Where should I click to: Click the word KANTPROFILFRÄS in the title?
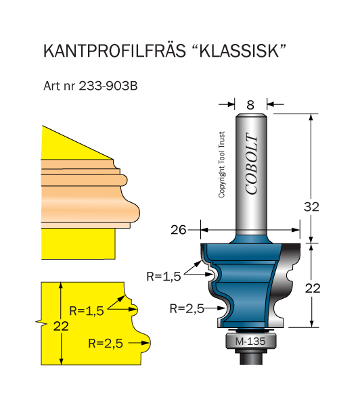[x=114, y=50]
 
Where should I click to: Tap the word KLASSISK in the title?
[x=239, y=51]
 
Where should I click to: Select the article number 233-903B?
[x=108, y=86]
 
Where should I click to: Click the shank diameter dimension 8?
[x=250, y=105]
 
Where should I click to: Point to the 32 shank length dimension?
[x=311, y=207]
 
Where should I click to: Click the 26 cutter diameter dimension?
[x=178, y=230]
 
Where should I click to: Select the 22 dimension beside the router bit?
[x=313, y=288]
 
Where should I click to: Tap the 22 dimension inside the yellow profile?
[x=61, y=326]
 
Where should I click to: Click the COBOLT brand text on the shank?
[x=251, y=164]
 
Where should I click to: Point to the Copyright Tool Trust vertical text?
[x=221, y=165]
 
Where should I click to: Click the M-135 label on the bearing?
[x=250, y=341]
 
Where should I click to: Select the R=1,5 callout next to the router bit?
[x=164, y=277]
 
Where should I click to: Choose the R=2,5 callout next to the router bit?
[x=187, y=308]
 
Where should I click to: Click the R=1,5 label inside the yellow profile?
[x=87, y=311]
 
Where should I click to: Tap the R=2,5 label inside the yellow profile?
[x=106, y=343]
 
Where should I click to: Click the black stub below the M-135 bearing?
[x=251, y=357]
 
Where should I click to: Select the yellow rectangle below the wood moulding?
[x=78, y=243]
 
